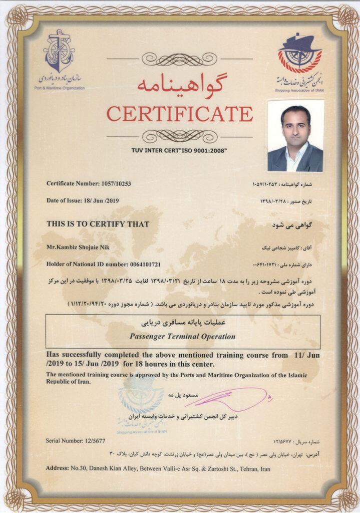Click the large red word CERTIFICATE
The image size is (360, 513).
179,114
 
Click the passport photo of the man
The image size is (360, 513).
295,136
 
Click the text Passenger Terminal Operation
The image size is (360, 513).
182,336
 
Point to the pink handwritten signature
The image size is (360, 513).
235,398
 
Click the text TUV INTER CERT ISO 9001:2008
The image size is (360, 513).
179,150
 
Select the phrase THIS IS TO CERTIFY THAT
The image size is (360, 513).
98,224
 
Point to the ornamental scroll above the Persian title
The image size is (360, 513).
179,59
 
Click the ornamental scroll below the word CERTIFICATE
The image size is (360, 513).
179,136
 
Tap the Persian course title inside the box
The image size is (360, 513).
182,323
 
